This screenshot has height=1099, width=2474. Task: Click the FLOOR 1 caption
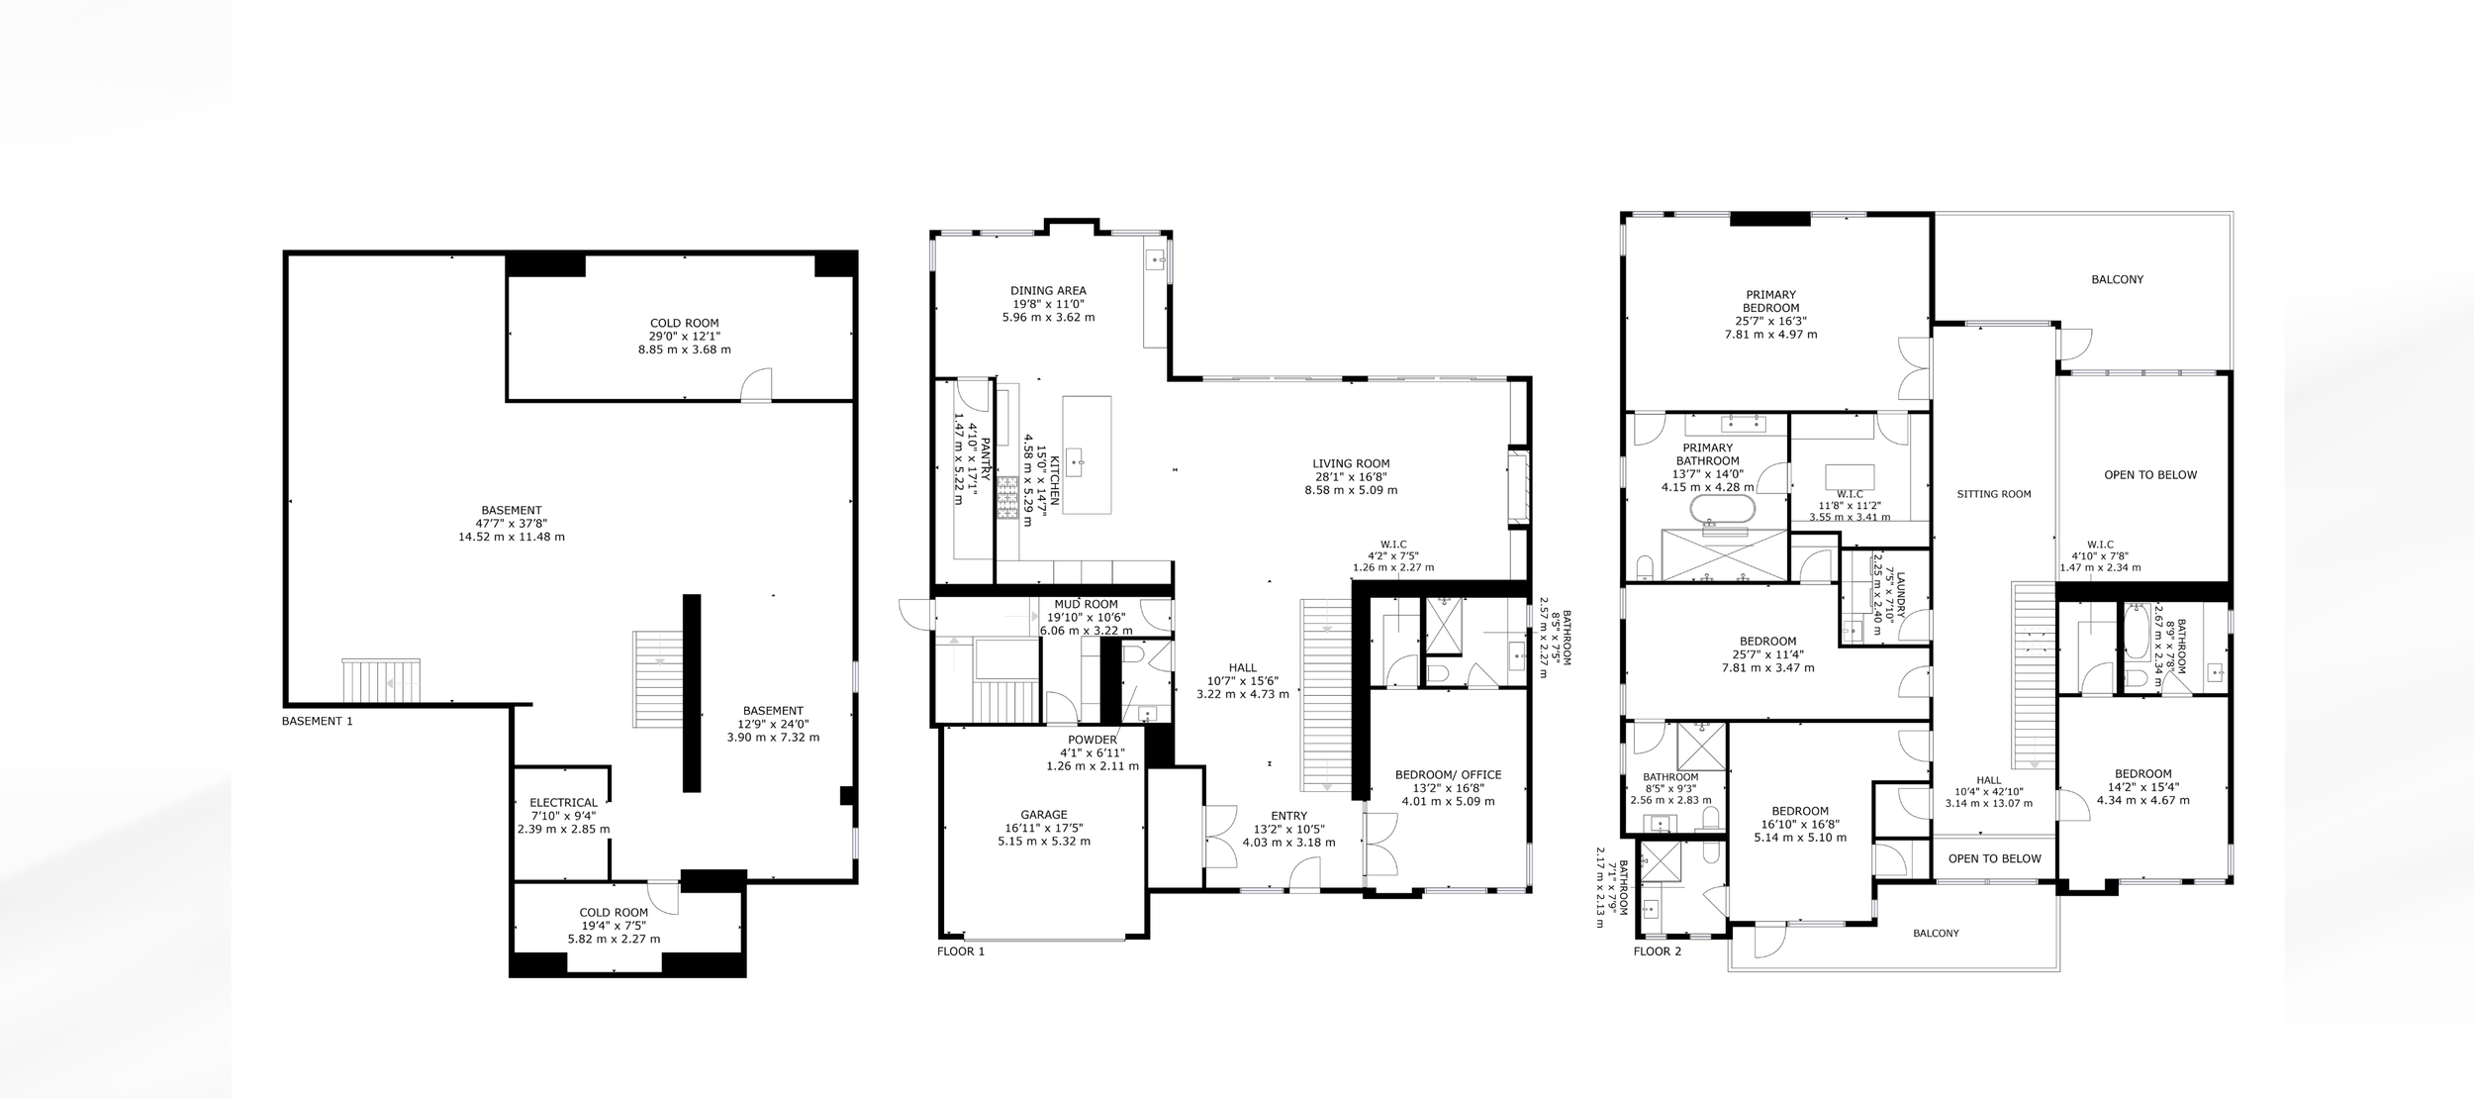(x=961, y=951)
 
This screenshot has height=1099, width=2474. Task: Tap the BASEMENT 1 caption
(x=317, y=721)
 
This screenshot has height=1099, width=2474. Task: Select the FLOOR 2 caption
(x=1658, y=951)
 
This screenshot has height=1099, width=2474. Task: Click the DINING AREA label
(x=1048, y=291)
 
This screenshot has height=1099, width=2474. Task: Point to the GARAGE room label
(x=1044, y=815)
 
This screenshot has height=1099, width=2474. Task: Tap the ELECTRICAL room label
(x=563, y=803)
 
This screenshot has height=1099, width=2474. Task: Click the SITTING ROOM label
(x=1994, y=494)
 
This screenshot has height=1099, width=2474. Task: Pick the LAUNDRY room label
(x=1900, y=594)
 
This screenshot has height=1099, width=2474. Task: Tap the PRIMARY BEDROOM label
(x=1770, y=301)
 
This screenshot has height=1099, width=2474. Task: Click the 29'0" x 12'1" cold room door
(x=758, y=385)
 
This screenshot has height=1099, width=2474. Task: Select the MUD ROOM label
(x=1086, y=604)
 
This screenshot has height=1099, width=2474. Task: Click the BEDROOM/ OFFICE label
(x=1448, y=775)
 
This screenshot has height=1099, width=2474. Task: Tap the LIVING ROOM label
(x=1351, y=463)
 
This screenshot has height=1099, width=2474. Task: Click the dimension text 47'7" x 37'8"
(x=511, y=524)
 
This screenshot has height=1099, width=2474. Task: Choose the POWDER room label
(x=1093, y=740)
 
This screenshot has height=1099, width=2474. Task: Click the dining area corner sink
(x=1156, y=260)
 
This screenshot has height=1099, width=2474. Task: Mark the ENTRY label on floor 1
(x=1288, y=816)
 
